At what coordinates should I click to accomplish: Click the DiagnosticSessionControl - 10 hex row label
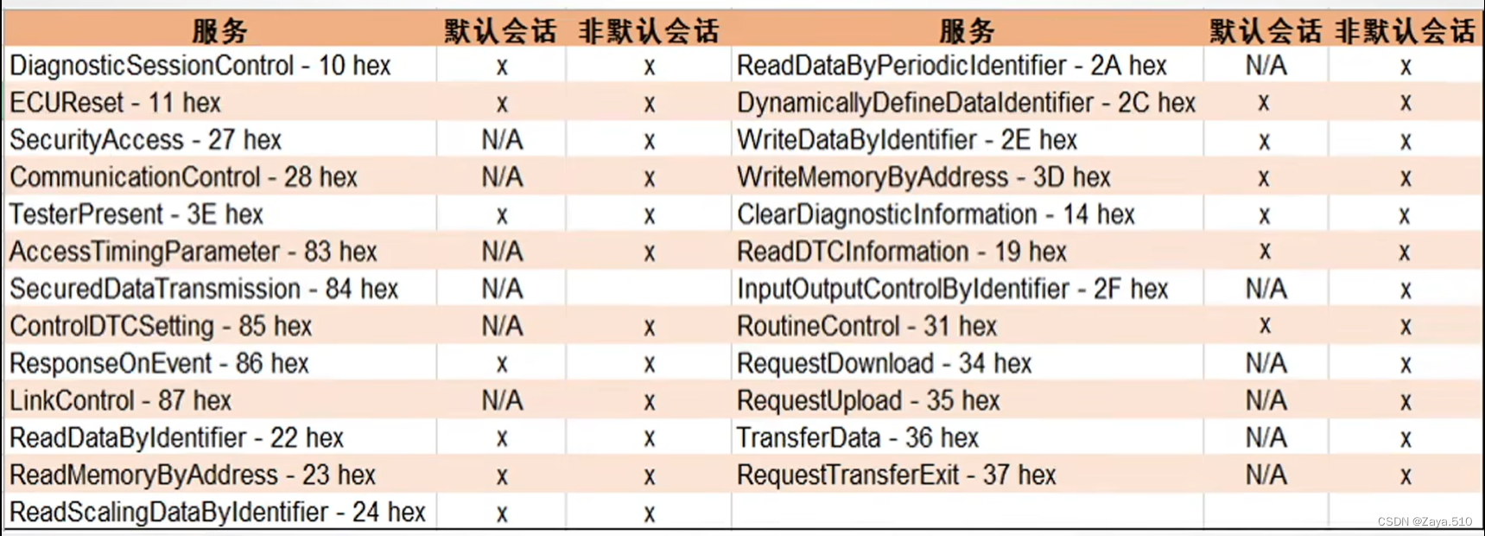(x=200, y=66)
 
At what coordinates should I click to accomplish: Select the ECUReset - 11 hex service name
(x=115, y=103)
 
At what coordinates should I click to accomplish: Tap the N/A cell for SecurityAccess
(x=502, y=140)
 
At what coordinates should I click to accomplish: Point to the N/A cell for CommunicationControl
(x=502, y=177)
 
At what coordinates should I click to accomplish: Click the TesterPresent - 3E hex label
(x=136, y=214)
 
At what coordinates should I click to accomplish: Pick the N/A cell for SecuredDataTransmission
(x=502, y=289)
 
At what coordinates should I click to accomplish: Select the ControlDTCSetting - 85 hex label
(x=161, y=326)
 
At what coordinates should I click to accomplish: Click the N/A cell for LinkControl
(x=502, y=400)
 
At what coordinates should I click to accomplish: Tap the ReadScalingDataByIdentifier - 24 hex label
(x=218, y=512)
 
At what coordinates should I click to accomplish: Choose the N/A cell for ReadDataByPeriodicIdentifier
(x=1266, y=66)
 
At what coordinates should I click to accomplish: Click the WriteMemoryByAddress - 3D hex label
(x=923, y=177)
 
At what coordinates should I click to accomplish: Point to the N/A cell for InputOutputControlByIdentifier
(x=1266, y=289)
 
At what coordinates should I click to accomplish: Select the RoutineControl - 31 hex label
(x=866, y=326)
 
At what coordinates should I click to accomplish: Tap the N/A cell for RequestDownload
(x=1266, y=363)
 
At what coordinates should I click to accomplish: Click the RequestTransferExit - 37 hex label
(x=896, y=475)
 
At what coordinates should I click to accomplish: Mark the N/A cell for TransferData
(x=1266, y=437)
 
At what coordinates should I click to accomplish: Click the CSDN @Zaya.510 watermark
(x=1425, y=521)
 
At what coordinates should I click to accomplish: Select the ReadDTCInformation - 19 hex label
(x=901, y=252)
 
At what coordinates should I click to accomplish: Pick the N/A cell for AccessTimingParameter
(x=502, y=252)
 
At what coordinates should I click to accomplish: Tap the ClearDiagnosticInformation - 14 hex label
(x=935, y=214)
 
